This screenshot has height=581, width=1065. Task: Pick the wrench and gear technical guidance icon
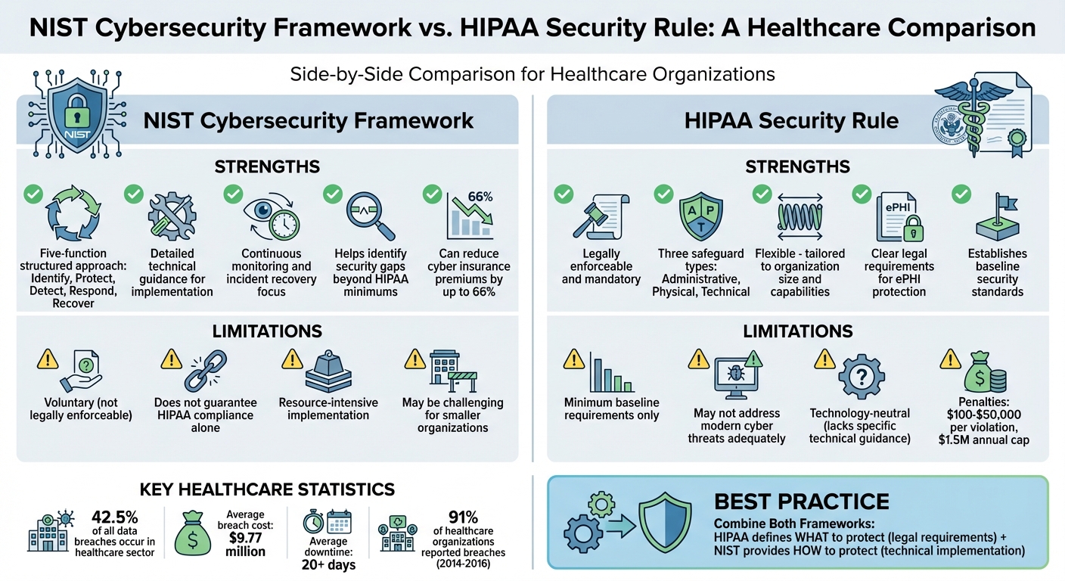point(172,216)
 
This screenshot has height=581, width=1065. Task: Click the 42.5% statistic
point(113,517)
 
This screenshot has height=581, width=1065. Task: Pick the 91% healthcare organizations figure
point(462,517)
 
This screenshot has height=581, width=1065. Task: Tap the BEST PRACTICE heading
point(802,501)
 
